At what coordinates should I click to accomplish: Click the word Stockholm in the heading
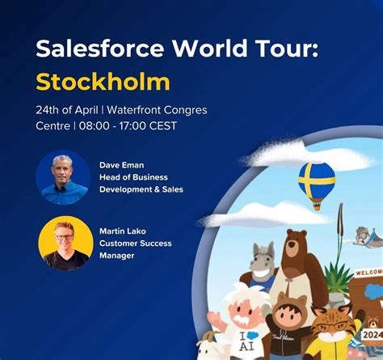(x=103, y=81)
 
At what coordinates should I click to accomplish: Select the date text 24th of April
(x=69, y=110)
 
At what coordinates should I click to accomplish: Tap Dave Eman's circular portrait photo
(x=63, y=176)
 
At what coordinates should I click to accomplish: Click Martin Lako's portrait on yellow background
(x=65, y=243)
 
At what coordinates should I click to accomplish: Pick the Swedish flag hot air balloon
(x=316, y=180)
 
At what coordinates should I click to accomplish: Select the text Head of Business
(x=133, y=176)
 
